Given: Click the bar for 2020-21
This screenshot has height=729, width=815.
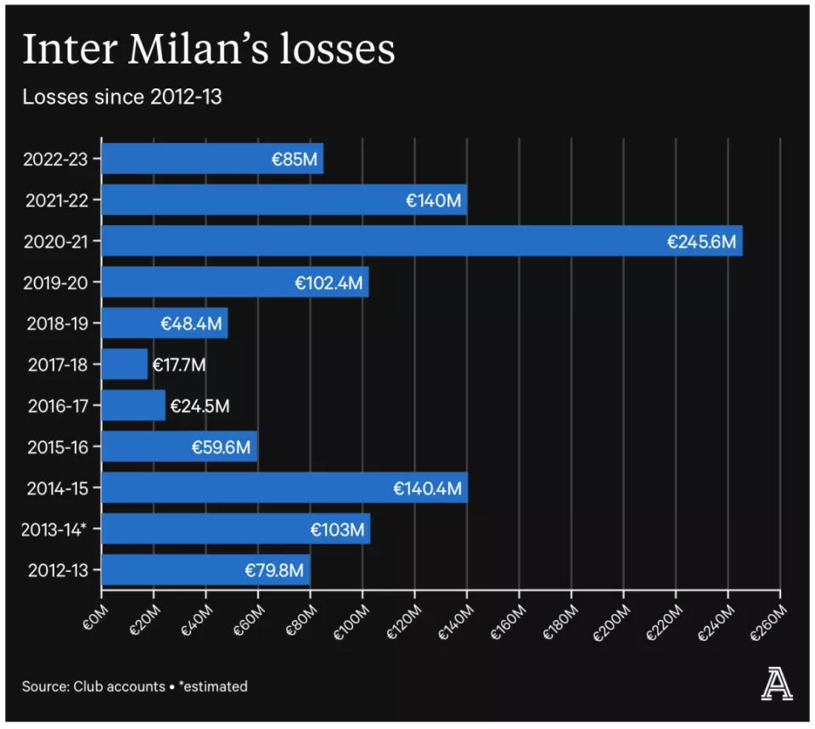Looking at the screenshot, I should click(421, 241).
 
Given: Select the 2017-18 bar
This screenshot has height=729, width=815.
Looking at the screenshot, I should click(124, 364).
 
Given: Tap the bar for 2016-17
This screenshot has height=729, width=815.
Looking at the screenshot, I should click(133, 405).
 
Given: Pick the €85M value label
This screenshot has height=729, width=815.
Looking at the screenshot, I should click(295, 159).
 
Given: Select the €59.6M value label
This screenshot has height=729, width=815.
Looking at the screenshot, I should click(221, 447).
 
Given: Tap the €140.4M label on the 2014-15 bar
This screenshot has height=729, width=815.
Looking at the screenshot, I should click(427, 488).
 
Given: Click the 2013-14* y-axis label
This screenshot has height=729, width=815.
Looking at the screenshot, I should click(55, 529).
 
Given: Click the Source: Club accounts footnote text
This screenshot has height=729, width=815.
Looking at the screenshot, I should click(93, 686).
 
